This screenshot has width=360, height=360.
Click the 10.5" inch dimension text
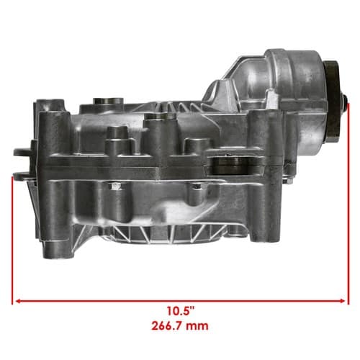[180, 311]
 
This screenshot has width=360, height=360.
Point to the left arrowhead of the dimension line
[18, 301]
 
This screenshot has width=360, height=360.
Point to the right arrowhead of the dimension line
[342, 301]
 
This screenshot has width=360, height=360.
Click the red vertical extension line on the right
[348, 204]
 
